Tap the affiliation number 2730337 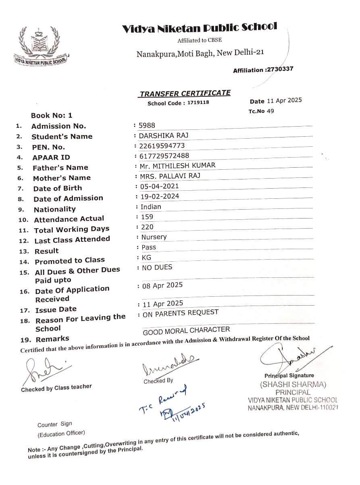tap(279, 69)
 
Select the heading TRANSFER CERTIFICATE tap(185, 94)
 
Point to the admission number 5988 tap(147, 125)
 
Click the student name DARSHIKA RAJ tap(158, 135)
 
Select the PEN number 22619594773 tap(162, 146)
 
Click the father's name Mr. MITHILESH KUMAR tap(177, 165)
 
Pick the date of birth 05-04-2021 tap(159, 186)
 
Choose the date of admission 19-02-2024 tap(160, 196)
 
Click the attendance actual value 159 tap(148, 217)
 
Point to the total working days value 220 tap(148, 227)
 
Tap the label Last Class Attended tap(72, 239)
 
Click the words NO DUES tap(157, 267)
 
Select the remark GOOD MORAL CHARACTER tap(186, 331)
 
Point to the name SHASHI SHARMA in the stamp tap(293, 384)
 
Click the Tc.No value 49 tap(270, 111)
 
